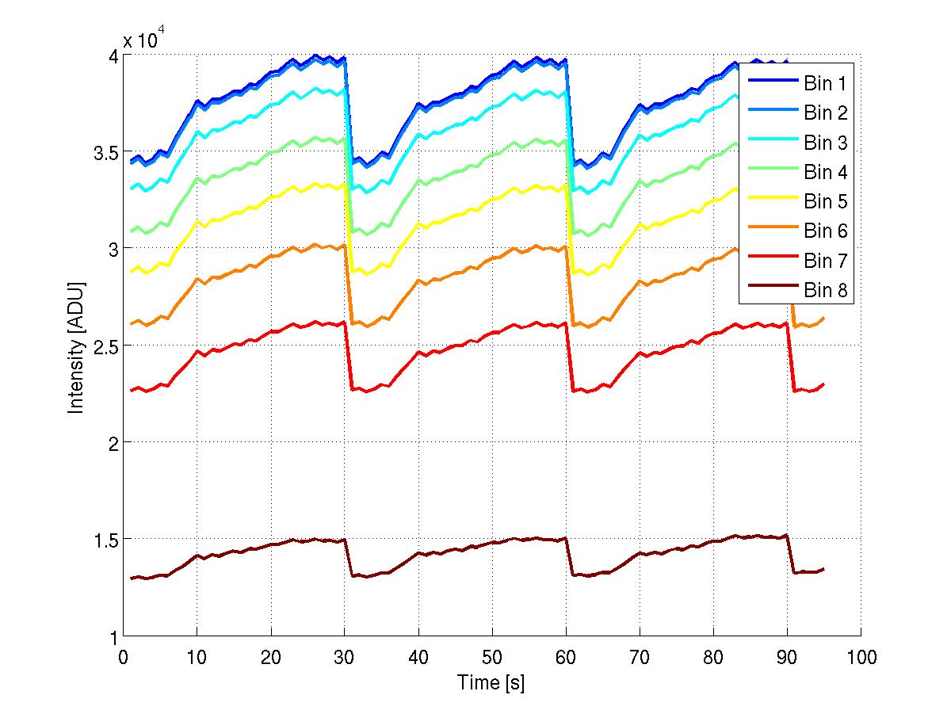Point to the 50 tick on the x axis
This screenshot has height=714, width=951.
click(x=492, y=658)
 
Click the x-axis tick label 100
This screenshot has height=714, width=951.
click(x=861, y=658)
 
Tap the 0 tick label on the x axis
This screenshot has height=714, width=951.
click(x=123, y=658)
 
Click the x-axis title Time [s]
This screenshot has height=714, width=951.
click(x=491, y=682)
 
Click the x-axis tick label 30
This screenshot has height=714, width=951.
click(x=345, y=658)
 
